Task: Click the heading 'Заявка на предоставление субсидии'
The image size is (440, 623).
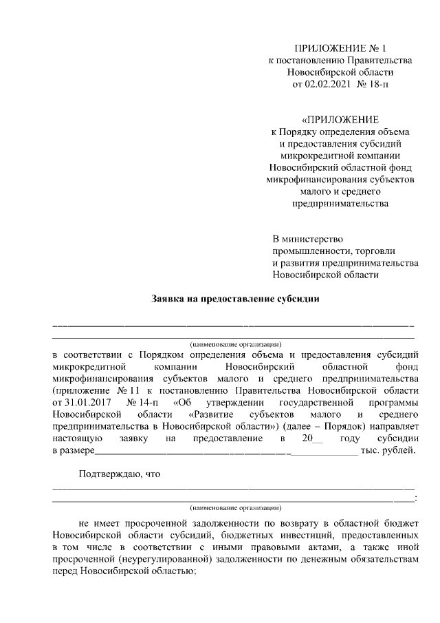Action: (236, 299)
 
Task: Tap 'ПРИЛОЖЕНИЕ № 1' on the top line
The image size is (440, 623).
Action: (340, 48)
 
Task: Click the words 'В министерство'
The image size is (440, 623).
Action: (307, 238)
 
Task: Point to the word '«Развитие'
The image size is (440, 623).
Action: (210, 414)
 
